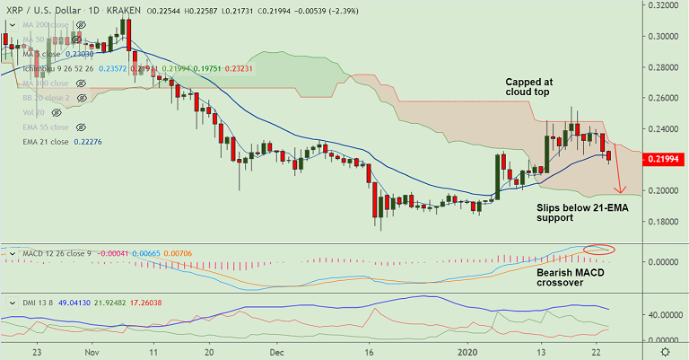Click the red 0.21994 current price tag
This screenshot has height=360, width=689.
[x=664, y=159]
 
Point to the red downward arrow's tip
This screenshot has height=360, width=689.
[x=619, y=193]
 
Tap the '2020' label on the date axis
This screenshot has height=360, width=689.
[x=475, y=352]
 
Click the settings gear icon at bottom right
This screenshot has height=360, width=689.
[x=664, y=351]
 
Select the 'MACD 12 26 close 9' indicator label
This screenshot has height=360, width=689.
[x=53, y=253]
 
